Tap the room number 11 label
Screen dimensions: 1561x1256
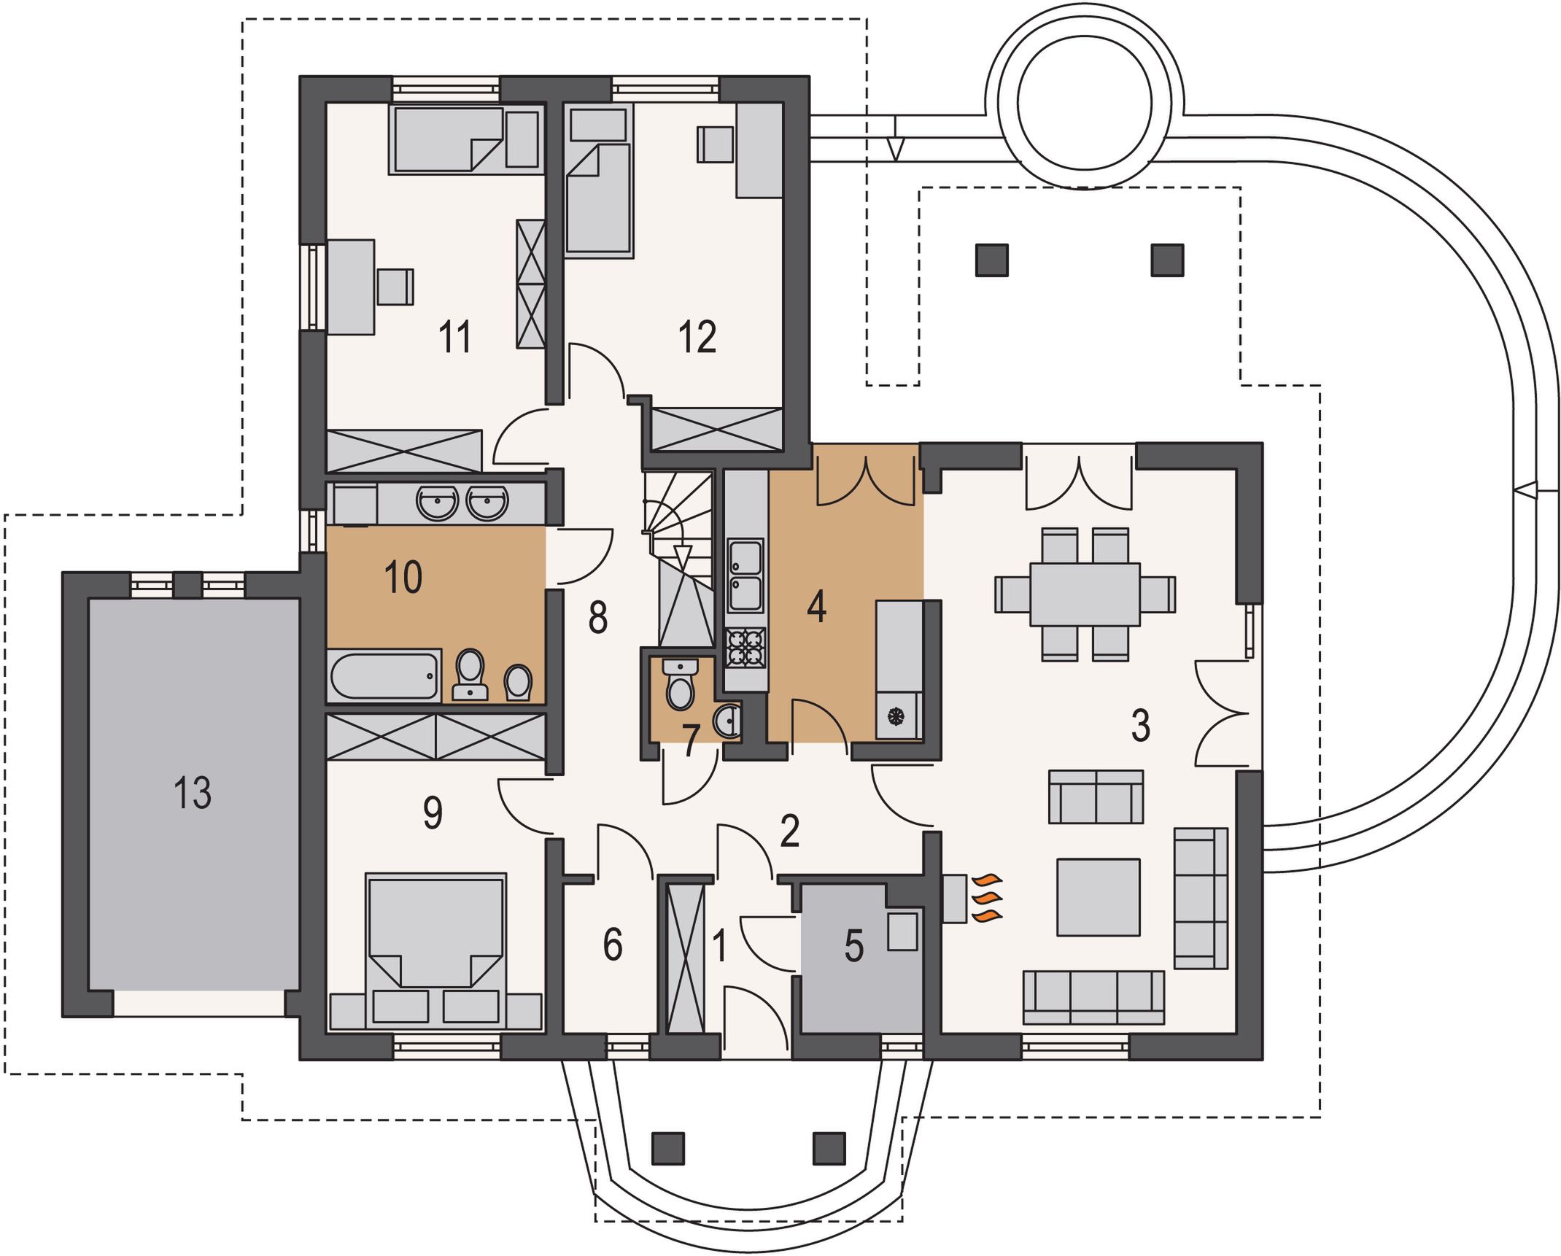point(454,337)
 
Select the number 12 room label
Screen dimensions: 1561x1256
point(697,337)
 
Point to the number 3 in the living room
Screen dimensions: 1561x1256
point(1141,726)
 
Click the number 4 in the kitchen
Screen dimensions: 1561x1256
point(817,607)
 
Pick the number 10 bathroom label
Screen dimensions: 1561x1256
point(403,577)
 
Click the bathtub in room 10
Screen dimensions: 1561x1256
point(384,675)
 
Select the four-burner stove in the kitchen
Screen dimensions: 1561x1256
point(746,648)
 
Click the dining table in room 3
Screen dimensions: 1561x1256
point(1085,594)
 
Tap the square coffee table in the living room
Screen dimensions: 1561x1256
point(1099,897)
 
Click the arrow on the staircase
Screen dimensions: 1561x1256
point(682,557)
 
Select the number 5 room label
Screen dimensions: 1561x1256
point(854,946)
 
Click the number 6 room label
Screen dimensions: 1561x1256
point(613,944)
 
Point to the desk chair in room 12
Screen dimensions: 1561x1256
point(715,144)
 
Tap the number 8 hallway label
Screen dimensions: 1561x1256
point(598,617)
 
